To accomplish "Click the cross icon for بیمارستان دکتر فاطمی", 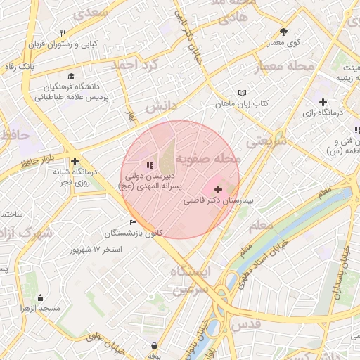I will click(x=218, y=189).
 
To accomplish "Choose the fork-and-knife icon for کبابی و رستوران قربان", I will click(x=63, y=33).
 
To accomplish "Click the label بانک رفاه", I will click(x=19, y=67).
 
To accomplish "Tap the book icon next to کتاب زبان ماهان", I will click(x=243, y=93).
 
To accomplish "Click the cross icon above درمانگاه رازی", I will click(x=323, y=102).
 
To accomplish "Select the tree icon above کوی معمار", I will click(x=284, y=32).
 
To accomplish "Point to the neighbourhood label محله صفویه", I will click(x=208, y=158).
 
